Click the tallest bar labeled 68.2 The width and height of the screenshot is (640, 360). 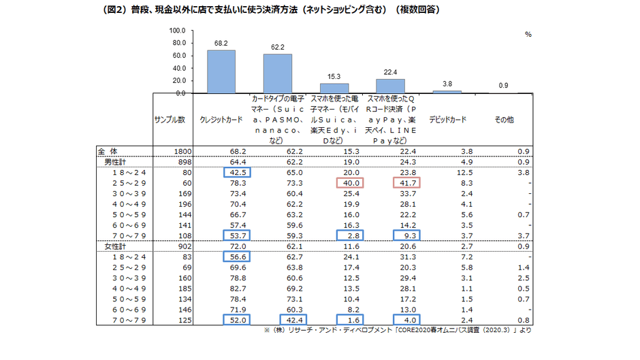click(x=221, y=71)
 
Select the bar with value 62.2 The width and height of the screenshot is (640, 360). click(x=278, y=73)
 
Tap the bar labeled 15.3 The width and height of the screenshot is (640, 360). click(x=334, y=88)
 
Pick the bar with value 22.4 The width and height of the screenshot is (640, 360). click(x=390, y=86)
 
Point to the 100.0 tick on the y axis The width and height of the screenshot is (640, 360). click(x=176, y=31)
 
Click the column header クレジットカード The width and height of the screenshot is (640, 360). click(x=221, y=119)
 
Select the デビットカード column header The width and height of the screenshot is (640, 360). click(x=447, y=119)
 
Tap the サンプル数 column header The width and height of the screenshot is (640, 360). click(x=170, y=119)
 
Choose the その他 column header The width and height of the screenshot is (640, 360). click(x=504, y=119)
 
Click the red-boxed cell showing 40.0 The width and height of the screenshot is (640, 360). click(x=350, y=183)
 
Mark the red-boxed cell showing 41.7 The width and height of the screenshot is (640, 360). click(x=406, y=183)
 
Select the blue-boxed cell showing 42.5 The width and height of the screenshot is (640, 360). click(x=238, y=173)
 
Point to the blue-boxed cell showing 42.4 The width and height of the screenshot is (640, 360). click(x=293, y=320)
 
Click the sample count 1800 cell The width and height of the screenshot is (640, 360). click(x=185, y=152)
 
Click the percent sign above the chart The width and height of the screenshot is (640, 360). click(x=528, y=33)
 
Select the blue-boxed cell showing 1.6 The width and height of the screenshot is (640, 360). click(x=350, y=320)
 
